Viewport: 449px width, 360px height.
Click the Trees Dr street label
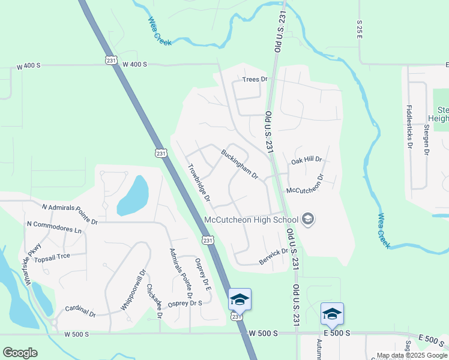pyautogui.click(x=254, y=79)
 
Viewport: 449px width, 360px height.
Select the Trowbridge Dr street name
pyautogui.click(x=199, y=182)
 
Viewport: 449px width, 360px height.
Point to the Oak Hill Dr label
pyautogui.click(x=307, y=161)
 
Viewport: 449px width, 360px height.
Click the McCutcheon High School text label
pyautogui.click(x=251, y=220)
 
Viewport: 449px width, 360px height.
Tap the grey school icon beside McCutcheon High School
pyautogui.click(x=308, y=219)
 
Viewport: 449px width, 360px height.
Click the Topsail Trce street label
pyautogui.click(x=52, y=256)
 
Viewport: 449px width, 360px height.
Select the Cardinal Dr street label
pyautogui.click(x=80, y=310)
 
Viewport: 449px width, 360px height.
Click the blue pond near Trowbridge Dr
pyautogui.click(x=133, y=196)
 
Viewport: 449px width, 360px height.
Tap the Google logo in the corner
pyautogui.click(x=20, y=353)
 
